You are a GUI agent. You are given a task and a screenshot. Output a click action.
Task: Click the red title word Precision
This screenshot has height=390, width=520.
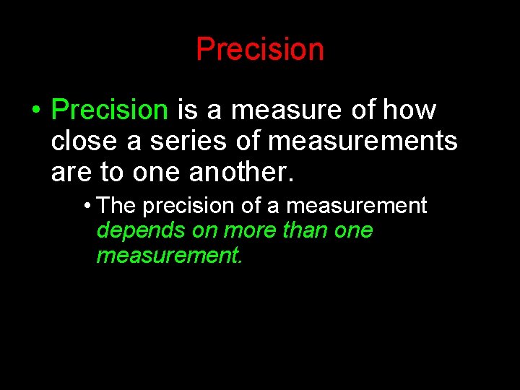point(260,49)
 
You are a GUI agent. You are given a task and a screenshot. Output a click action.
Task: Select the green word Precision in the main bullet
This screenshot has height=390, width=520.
point(110,110)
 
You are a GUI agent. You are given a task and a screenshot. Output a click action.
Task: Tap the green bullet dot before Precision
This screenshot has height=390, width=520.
point(35,110)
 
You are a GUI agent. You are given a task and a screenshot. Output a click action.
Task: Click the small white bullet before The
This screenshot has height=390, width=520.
point(87,207)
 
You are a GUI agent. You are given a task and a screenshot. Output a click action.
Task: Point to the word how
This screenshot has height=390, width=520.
point(409,110)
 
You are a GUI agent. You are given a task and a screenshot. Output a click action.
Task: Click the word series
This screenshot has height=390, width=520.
point(189,142)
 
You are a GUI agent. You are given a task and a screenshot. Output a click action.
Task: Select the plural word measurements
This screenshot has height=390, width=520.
point(363,142)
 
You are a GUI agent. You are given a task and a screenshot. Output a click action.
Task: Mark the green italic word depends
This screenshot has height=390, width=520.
point(132,230)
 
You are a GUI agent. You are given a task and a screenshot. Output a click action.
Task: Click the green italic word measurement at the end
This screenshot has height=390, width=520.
point(169,255)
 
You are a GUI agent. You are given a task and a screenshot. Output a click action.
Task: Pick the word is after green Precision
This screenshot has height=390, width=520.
point(186,110)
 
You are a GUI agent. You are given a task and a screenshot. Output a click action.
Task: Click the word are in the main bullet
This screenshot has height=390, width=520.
point(69,173)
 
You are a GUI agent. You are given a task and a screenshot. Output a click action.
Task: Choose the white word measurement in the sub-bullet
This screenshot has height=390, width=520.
point(357,206)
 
